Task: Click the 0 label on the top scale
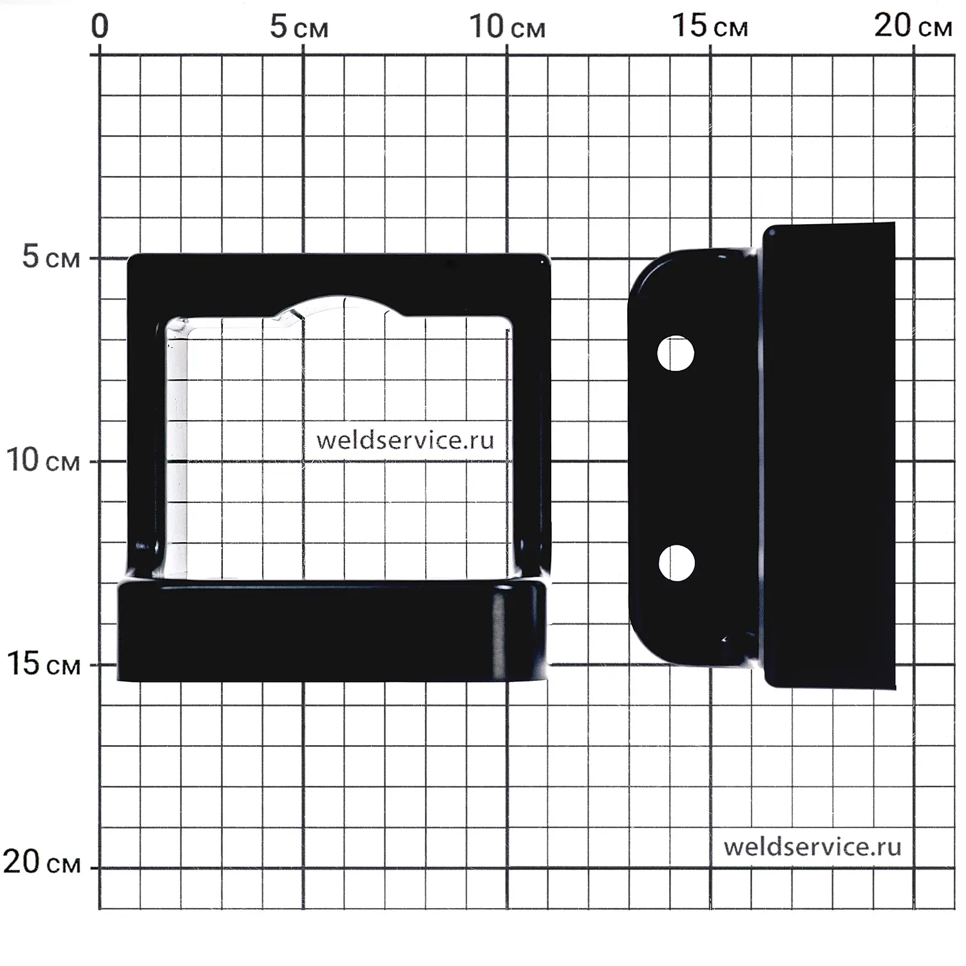[100, 27]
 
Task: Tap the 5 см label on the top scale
[299, 27]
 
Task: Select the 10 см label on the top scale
[507, 27]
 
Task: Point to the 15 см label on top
[710, 26]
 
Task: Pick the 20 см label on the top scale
[913, 26]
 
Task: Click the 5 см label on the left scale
[51, 257]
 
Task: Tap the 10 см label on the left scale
[43, 460]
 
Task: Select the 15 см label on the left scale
[43, 663]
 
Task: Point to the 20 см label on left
[42, 862]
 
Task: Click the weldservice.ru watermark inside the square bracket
[405, 440]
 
